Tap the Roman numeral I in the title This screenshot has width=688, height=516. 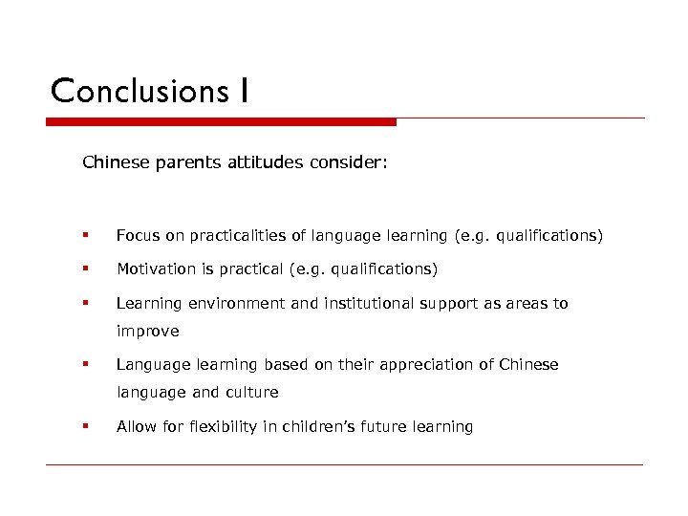[x=245, y=91]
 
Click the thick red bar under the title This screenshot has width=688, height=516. [x=221, y=122]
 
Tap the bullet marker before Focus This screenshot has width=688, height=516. [x=86, y=235]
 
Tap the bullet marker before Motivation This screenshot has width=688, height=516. [x=86, y=269]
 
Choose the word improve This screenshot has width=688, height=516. [x=147, y=332]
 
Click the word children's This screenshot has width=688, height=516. [x=316, y=426]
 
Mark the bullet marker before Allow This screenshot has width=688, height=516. [x=86, y=426]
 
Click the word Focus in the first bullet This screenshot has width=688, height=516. [x=137, y=235]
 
